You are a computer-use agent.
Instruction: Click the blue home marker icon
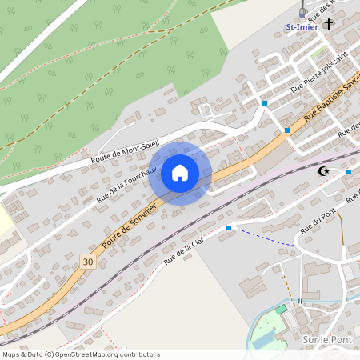[x=180, y=173]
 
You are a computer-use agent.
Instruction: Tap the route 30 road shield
[x=87, y=261]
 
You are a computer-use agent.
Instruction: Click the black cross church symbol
[x=330, y=25]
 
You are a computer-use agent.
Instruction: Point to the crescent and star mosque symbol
[x=324, y=172]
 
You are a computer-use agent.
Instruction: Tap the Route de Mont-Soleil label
[x=125, y=146]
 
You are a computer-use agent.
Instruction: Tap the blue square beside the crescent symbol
[x=350, y=172]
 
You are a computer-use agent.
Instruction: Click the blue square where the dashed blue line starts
[x=229, y=228]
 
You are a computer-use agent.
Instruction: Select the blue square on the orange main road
[x=286, y=130]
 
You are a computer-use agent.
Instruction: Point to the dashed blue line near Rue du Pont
[x=264, y=237]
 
